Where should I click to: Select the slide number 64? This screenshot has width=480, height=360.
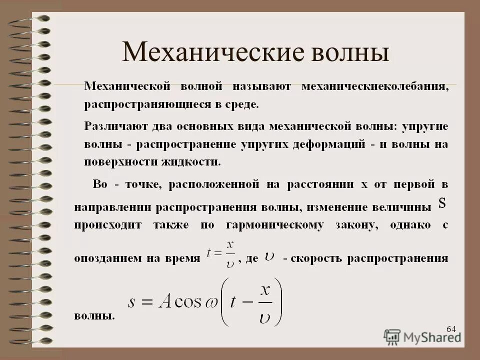[x=451, y=328]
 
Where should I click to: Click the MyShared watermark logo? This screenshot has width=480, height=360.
[x=422, y=336]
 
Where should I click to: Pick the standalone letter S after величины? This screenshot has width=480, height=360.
[x=442, y=202]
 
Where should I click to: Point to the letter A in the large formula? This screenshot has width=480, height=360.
[x=166, y=301]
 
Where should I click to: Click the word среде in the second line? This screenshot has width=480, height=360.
[x=243, y=105]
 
